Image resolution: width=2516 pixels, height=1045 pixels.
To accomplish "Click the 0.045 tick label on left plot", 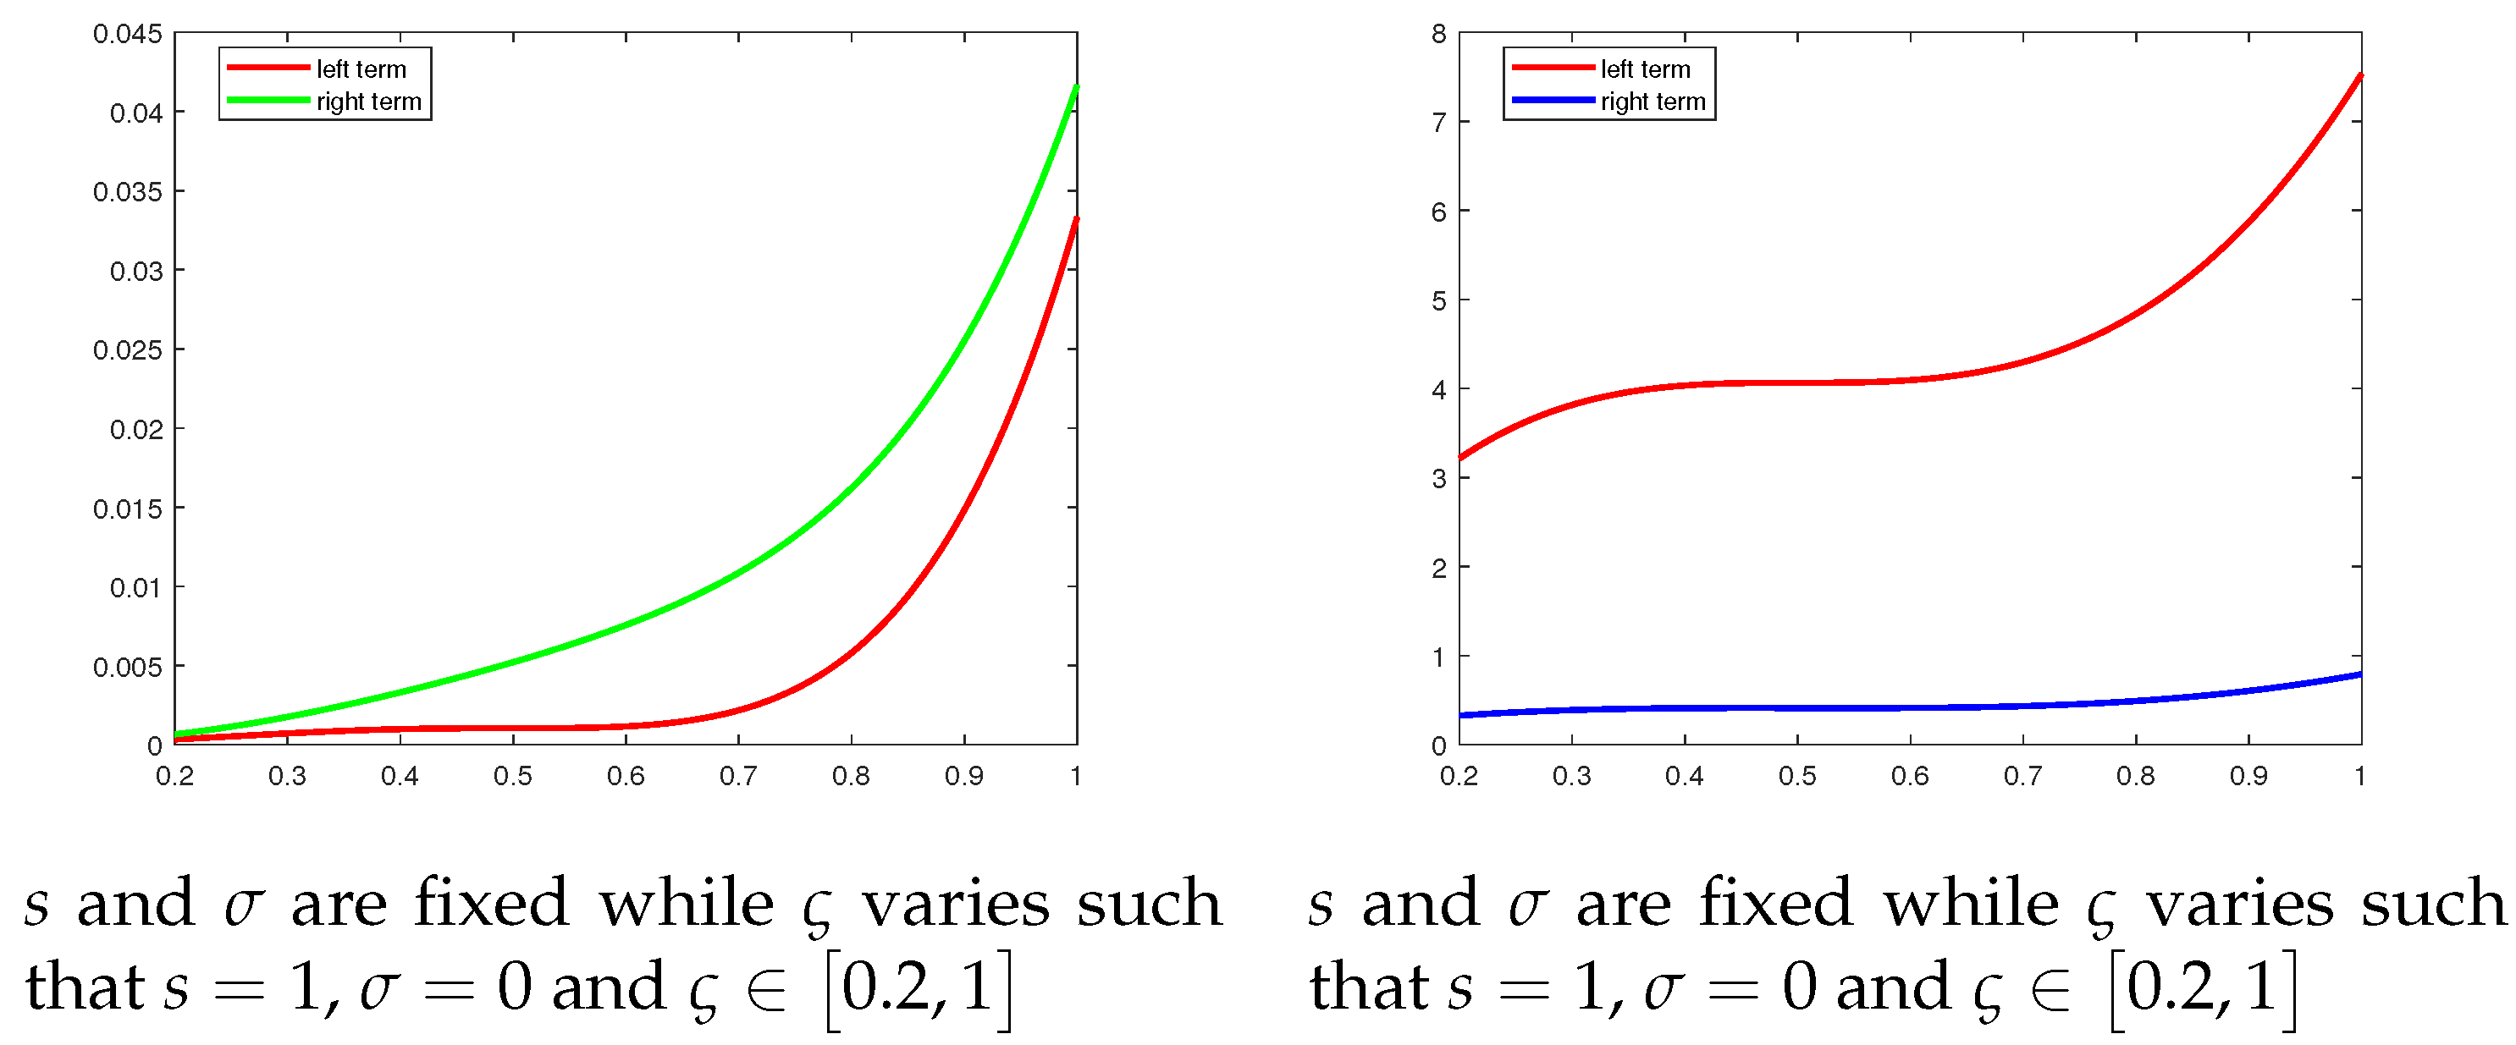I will pos(128,34).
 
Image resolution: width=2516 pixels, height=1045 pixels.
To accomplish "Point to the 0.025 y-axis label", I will pos(128,349).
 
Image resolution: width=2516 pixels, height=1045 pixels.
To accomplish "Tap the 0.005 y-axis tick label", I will pos(128,667).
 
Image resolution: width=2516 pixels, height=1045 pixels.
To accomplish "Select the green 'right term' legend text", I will pos(368,102).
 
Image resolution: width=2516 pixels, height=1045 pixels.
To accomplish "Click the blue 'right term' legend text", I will pos(1653,102).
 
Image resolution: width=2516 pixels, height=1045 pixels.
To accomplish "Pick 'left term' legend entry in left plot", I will pos(361,69).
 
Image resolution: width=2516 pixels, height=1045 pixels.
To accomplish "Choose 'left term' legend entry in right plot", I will pos(1645,69).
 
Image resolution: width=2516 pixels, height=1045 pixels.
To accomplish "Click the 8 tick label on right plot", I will pos(1437,34).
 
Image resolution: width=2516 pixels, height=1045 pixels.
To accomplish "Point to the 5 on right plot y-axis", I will pos(1437,300).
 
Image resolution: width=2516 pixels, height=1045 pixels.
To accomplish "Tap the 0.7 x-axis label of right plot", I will pos(2022,777).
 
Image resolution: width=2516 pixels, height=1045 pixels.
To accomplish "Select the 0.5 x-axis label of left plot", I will pos(513,777).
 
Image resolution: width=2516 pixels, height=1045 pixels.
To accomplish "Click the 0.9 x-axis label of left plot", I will pos(964,777).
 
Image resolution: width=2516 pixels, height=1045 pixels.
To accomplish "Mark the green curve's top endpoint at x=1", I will pos(1076,87).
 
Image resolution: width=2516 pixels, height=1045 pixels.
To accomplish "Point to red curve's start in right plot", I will pos(1460,457).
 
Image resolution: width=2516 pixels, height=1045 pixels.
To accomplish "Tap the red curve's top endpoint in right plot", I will pos(2359,75).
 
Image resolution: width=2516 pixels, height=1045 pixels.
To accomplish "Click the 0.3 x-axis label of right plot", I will pos(1571,777).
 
